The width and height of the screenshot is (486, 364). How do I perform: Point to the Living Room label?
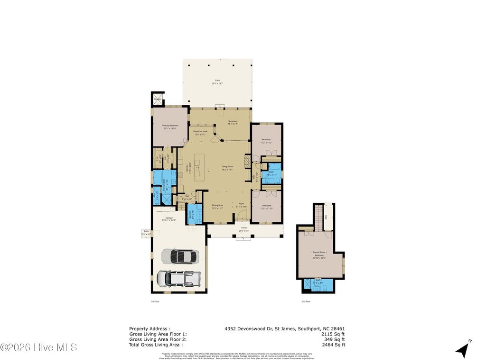click(x=228, y=167)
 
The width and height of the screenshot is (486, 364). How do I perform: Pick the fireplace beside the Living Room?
click(x=247, y=161)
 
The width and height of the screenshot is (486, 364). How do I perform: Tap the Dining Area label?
click(x=217, y=206)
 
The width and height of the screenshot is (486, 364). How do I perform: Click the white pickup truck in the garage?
click(x=175, y=278)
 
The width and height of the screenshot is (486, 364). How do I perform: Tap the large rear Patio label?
click(x=217, y=82)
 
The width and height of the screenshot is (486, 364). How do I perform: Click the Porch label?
click(x=244, y=228)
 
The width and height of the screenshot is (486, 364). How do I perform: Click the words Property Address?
click(x=149, y=328)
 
